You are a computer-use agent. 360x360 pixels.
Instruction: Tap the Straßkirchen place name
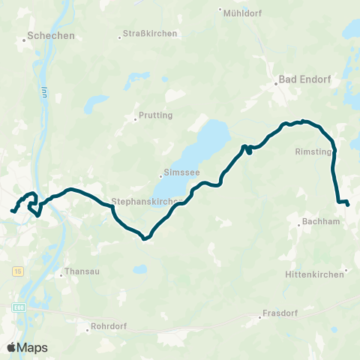pyautogui.click(x=150, y=34)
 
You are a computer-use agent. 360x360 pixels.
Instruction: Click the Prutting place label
pyautogui.click(x=156, y=115)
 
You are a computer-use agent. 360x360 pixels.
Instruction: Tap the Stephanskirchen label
pyautogui.click(x=144, y=202)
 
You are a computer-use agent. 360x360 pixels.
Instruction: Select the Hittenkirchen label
pyautogui.click(x=314, y=274)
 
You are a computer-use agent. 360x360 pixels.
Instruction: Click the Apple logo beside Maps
pyautogui.click(x=11, y=347)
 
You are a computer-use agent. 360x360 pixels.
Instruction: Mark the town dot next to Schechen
pyautogui.click(x=24, y=40)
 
